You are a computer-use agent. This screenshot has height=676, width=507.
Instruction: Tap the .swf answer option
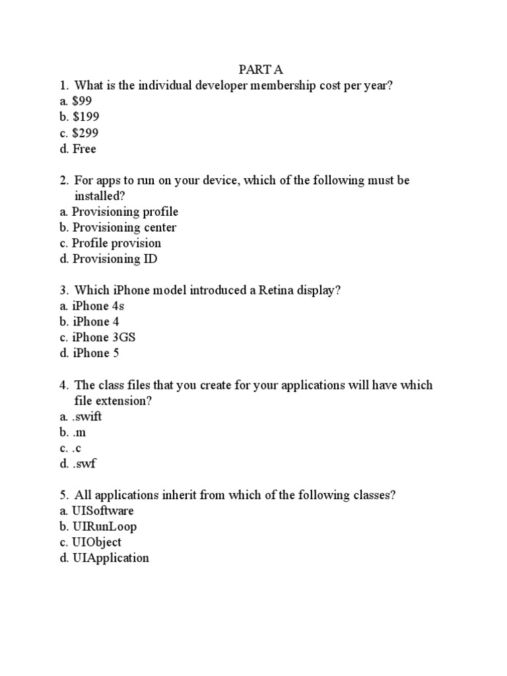(78, 463)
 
